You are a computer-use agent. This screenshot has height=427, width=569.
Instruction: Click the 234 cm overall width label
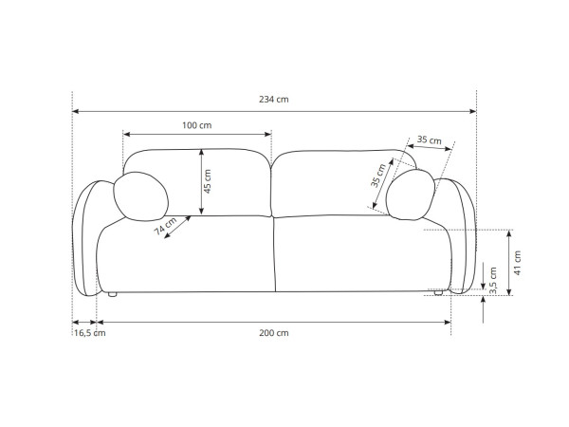point(274,99)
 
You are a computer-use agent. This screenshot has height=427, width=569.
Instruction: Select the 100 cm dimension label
point(196,125)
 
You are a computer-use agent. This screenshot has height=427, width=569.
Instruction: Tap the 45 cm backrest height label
point(207,181)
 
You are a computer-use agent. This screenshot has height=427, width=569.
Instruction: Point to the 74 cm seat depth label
point(165,226)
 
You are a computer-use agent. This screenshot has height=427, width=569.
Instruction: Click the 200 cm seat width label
point(274,333)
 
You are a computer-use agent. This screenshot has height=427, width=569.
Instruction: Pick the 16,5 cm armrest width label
point(90,333)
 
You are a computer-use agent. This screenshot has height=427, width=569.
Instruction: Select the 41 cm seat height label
point(517,263)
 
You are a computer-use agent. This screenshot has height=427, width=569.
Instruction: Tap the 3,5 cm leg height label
point(493,281)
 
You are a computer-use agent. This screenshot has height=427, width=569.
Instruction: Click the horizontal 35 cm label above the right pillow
point(429,139)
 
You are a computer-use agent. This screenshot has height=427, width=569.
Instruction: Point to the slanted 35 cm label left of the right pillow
point(378,176)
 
